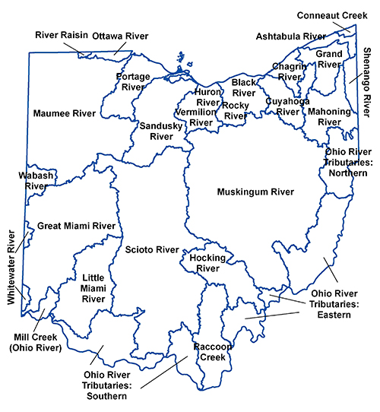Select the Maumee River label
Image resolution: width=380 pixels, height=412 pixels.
(65, 113)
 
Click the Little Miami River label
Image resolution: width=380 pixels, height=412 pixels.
(93, 288)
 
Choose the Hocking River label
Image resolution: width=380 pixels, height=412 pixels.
(207, 263)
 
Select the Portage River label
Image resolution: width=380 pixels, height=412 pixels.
(132, 81)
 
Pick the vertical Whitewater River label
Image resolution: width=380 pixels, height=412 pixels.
(11, 268)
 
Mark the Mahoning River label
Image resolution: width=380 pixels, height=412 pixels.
(329, 116)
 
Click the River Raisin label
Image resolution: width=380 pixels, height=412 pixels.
(62, 35)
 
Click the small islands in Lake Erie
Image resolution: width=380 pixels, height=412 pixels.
(179, 58)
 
